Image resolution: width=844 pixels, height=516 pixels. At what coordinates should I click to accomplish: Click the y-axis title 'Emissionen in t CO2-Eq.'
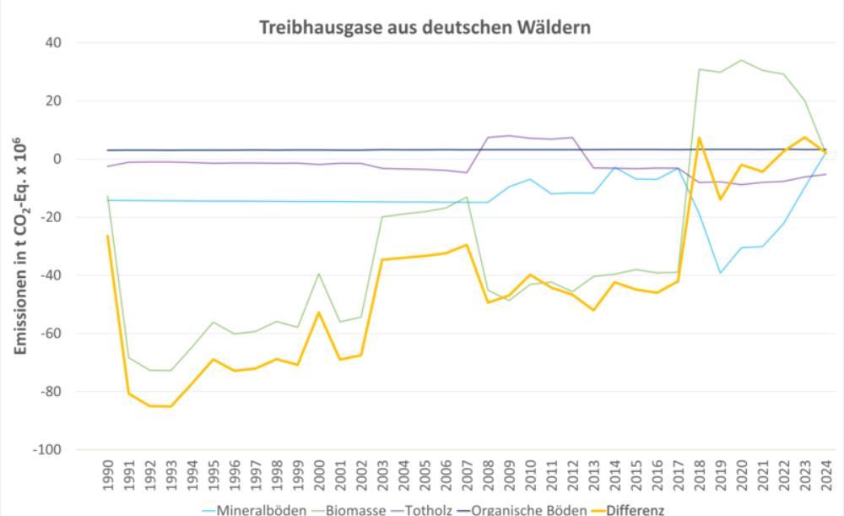tap(25, 245)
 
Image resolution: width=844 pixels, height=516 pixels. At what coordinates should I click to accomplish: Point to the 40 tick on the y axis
tap(61, 42)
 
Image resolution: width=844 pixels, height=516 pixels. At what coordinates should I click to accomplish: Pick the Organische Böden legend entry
tap(524, 510)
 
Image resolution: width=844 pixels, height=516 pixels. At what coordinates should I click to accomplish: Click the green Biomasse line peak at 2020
tap(742, 60)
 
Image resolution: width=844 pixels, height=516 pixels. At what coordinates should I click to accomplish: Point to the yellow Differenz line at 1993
tap(171, 406)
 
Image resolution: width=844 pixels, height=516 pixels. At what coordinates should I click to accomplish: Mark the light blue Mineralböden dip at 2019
tap(721, 273)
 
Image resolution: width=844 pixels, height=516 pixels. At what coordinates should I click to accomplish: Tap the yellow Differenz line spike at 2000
tap(319, 312)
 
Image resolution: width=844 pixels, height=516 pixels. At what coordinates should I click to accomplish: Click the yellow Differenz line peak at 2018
tap(700, 138)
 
